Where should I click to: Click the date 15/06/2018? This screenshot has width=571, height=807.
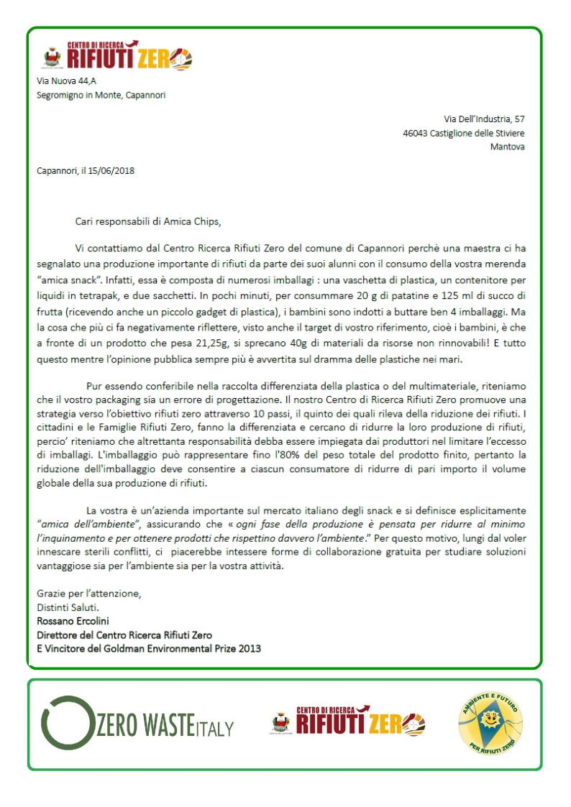click(x=111, y=171)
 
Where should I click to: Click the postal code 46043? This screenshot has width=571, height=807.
click(x=415, y=133)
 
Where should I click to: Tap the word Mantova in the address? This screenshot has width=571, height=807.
click(x=507, y=147)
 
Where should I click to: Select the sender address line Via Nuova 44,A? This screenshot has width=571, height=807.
click(x=66, y=81)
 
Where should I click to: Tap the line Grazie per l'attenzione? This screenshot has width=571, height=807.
click(x=89, y=594)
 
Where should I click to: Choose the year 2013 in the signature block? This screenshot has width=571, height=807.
click(x=249, y=648)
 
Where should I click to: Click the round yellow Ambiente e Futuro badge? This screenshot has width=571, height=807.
click(x=490, y=722)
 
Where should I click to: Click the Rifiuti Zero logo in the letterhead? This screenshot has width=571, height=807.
click(x=129, y=56)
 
